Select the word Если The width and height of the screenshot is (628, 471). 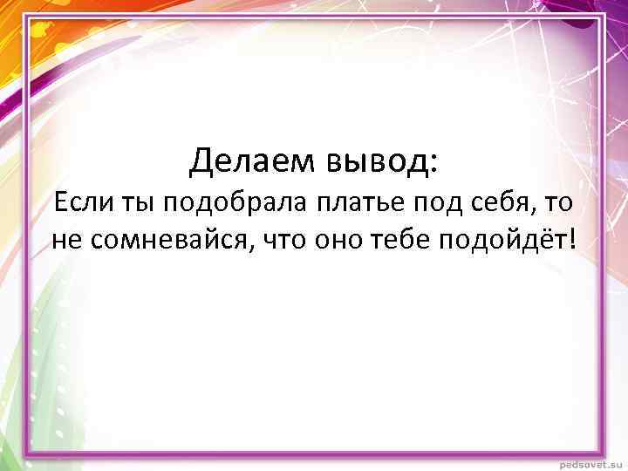coord(79,202)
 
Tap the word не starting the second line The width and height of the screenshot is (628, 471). coord(66,240)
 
